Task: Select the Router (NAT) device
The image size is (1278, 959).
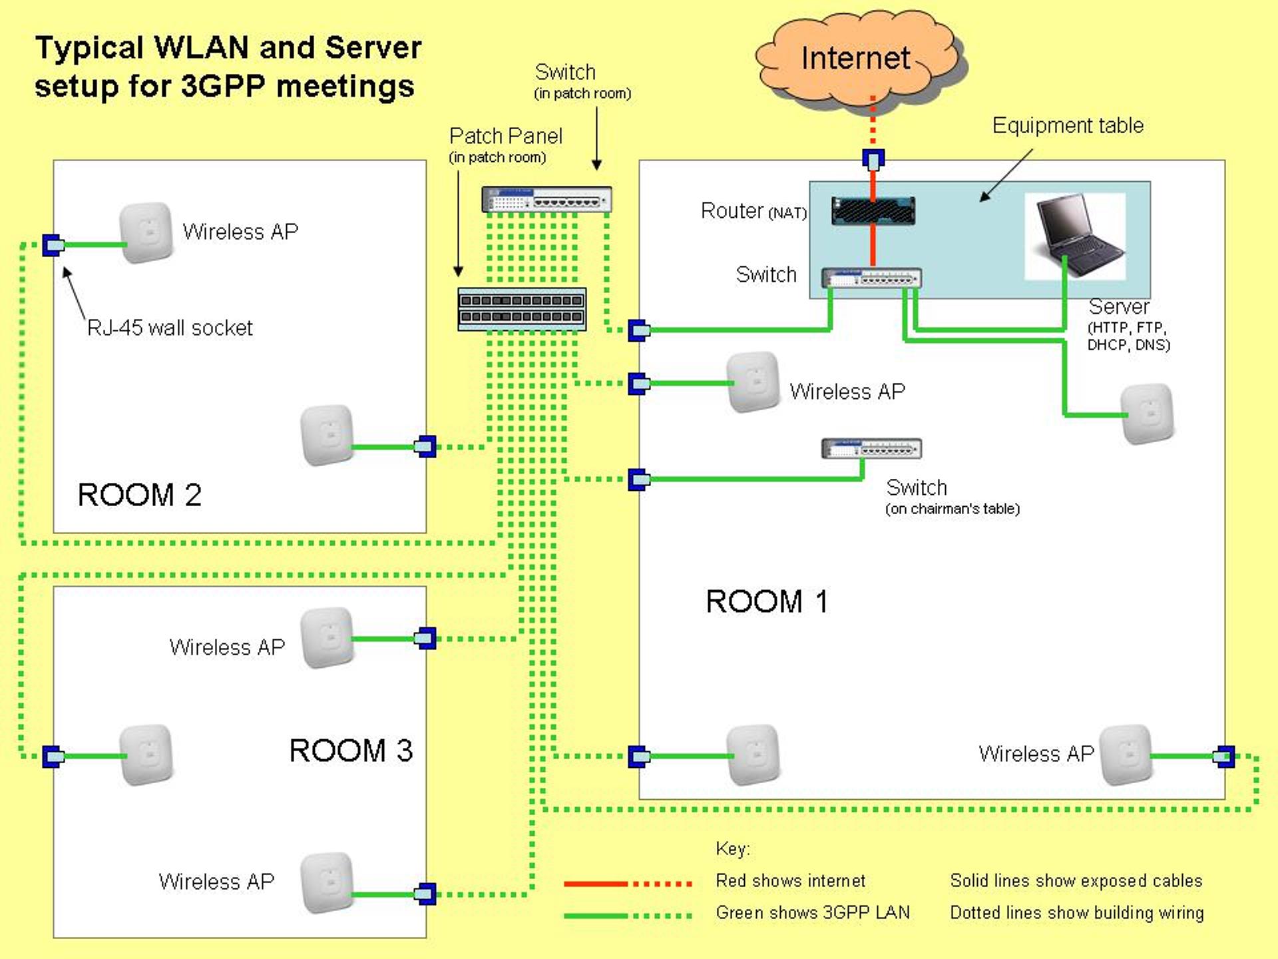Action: click(873, 210)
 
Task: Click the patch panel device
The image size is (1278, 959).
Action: click(522, 309)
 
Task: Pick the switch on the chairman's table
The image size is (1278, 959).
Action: click(871, 449)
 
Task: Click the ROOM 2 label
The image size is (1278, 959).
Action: click(139, 495)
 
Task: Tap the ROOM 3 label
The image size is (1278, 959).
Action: click(351, 751)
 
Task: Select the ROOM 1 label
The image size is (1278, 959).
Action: click(767, 601)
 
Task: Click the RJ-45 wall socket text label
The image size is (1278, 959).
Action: click(170, 328)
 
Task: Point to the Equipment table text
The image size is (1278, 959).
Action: click(1068, 125)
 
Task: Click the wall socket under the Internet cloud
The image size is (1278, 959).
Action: click(873, 159)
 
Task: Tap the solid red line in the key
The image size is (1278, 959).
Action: click(596, 884)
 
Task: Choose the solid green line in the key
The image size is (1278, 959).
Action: click(596, 916)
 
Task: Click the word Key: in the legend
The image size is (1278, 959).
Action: click(732, 848)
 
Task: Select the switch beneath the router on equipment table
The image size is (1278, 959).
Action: click(871, 278)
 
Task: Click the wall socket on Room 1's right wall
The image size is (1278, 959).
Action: click(1223, 756)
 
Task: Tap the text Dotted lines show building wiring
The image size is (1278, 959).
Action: click(1076, 912)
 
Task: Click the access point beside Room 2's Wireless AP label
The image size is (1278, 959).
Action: click(146, 232)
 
